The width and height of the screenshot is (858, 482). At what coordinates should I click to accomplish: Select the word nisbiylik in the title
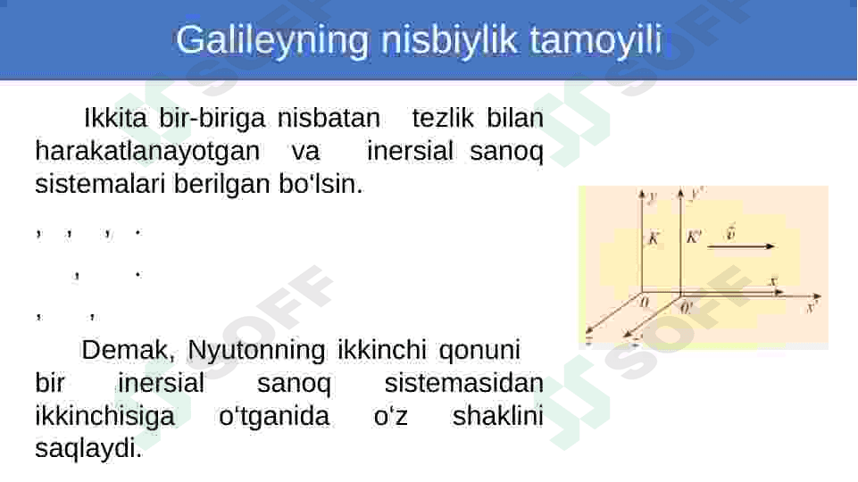pos(449,39)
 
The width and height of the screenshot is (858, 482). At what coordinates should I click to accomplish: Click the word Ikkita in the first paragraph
pos(115,118)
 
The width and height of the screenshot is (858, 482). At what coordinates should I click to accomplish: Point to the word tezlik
pos(443,118)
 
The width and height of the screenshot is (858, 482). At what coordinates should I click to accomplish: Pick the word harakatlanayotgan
pos(147,151)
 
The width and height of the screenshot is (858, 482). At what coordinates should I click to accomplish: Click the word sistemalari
pos(100,184)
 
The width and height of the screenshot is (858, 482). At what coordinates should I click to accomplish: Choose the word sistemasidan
pos(464,383)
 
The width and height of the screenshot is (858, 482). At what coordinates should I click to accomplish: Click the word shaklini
pos(498,416)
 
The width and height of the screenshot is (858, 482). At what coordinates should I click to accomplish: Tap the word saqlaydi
pos(88,449)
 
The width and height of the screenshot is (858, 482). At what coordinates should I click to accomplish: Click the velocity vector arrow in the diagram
pos(741,246)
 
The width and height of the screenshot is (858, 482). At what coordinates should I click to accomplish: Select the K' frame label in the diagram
pos(694,237)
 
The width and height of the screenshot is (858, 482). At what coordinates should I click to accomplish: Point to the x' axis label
pos(812,307)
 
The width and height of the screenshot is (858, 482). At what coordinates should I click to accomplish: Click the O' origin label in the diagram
pos(686,307)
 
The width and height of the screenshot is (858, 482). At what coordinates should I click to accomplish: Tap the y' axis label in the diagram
pos(697,193)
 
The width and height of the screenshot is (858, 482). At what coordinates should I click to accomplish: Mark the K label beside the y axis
pos(654,238)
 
